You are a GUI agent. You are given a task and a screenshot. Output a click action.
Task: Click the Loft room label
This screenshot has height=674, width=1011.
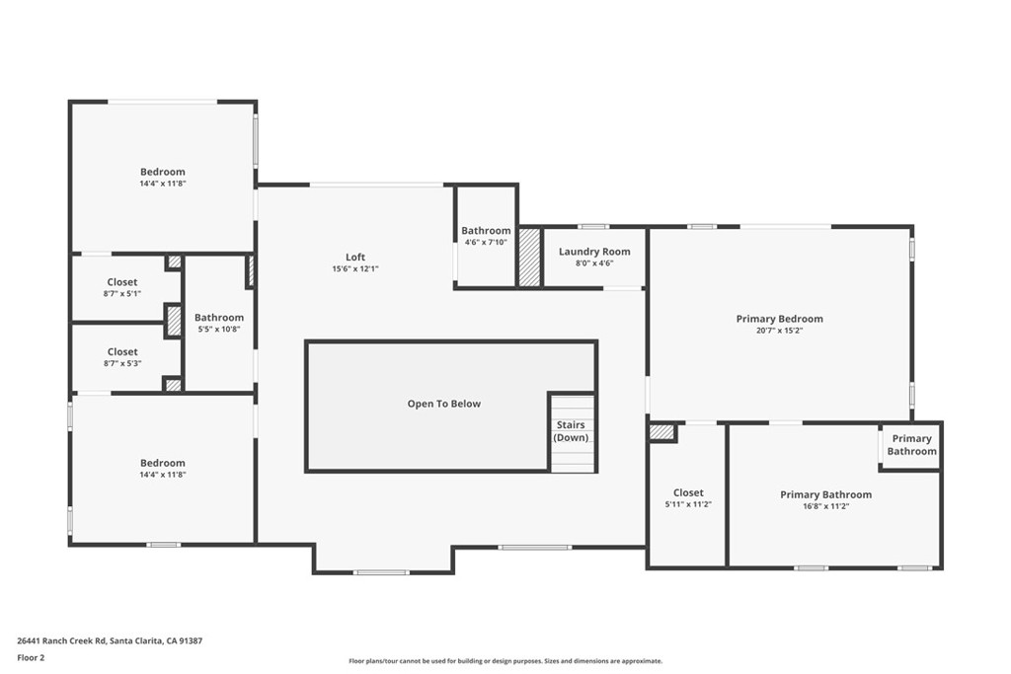[x=355, y=258]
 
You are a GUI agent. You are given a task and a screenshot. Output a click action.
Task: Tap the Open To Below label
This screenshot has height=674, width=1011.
[x=443, y=404]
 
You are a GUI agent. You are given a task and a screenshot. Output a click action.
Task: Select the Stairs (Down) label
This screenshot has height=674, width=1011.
[x=572, y=431]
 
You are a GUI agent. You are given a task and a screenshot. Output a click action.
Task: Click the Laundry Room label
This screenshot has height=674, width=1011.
[x=594, y=252]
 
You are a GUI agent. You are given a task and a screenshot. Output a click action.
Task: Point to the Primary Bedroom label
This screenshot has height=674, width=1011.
[x=780, y=319]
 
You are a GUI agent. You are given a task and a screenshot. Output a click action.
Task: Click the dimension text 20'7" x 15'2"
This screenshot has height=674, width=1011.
[x=780, y=331]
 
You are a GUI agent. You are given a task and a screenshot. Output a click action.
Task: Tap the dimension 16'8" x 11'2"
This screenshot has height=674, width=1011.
[x=826, y=506]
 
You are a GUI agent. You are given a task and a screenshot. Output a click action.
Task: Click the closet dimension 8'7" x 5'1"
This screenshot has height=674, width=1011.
[x=122, y=294]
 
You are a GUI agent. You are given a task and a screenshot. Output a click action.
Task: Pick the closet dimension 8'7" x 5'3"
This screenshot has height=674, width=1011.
[x=122, y=363]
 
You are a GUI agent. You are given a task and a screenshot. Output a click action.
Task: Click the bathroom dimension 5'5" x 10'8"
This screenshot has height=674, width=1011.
[x=219, y=330]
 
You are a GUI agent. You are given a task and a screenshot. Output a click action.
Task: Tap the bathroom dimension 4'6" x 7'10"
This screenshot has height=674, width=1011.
[x=486, y=243]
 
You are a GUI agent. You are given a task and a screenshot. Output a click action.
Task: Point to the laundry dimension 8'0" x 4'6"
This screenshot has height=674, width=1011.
[x=594, y=263]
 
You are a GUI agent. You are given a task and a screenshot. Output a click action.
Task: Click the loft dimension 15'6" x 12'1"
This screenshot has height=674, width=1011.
[x=355, y=268]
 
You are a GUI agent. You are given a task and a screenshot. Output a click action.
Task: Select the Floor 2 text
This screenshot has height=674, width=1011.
[x=31, y=658]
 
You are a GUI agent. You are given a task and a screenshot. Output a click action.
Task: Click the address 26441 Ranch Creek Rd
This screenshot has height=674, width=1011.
[x=60, y=641]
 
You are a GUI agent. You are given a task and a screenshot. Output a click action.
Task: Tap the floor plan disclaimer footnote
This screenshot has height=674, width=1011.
[x=505, y=661]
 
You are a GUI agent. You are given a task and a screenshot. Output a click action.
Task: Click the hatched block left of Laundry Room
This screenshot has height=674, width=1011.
[x=530, y=258]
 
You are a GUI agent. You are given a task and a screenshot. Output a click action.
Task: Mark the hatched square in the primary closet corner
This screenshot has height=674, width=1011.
[x=661, y=431]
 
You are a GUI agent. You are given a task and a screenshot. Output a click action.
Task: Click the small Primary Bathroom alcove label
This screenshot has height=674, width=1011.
[x=911, y=445]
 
